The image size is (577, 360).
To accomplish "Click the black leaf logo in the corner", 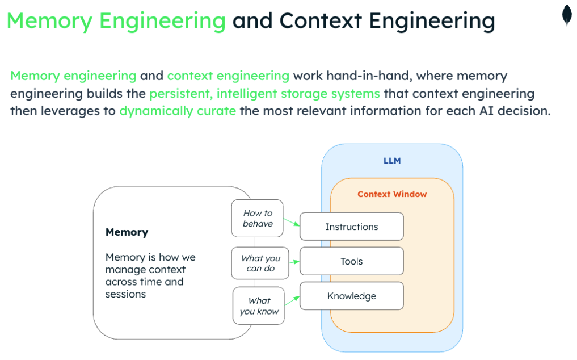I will [x=566, y=16].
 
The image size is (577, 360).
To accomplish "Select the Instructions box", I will [x=351, y=227].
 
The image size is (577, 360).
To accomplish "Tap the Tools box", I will [x=351, y=261].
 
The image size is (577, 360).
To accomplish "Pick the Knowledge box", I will [x=351, y=296].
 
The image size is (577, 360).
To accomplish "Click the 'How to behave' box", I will [x=257, y=218].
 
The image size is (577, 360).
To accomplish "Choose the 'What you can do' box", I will [x=260, y=263].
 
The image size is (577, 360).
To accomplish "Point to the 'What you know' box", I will [x=259, y=305].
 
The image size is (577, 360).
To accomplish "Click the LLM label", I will [x=392, y=161].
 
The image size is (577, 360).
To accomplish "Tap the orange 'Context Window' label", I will [x=392, y=194].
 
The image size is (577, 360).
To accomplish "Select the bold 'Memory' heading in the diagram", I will [x=127, y=232].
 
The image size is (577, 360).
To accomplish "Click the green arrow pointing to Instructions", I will [x=291, y=221].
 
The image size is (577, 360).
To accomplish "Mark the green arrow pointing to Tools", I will [x=294, y=262].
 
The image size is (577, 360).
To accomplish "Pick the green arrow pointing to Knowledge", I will [x=292, y=300].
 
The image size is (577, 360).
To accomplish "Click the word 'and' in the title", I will [x=250, y=21].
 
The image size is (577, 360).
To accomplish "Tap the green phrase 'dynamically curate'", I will [x=178, y=111].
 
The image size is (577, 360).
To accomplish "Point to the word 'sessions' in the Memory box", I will [x=125, y=294].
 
